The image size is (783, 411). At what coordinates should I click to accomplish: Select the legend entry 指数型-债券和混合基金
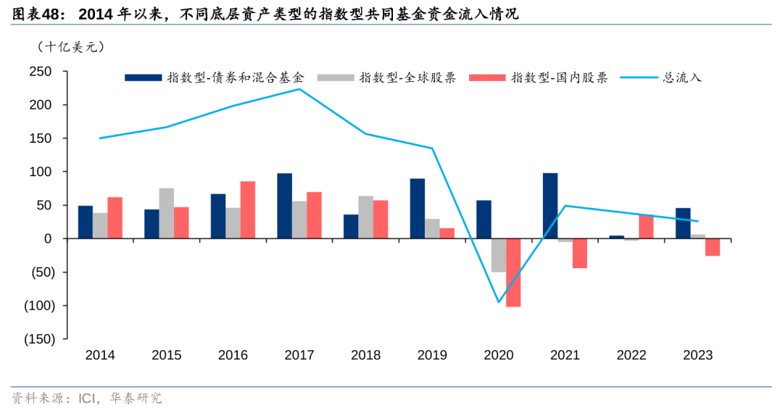click(x=215, y=78)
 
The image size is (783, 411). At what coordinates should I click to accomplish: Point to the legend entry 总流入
click(x=663, y=78)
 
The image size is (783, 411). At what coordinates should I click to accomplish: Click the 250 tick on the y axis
click(x=41, y=72)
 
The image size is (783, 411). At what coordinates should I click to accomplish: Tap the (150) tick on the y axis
click(x=37, y=339)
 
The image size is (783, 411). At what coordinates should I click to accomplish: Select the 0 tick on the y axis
click(x=47, y=238)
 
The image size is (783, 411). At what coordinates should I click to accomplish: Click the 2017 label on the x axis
click(x=299, y=355)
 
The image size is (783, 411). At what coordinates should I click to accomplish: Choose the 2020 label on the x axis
click(x=499, y=355)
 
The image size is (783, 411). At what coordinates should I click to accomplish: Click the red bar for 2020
click(x=513, y=273)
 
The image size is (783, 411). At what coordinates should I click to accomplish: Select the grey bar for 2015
click(x=167, y=213)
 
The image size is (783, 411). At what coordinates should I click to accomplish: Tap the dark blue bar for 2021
click(x=550, y=206)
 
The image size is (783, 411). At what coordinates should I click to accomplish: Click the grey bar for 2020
click(x=499, y=255)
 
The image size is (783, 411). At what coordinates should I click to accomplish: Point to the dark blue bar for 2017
click(x=284, y=206)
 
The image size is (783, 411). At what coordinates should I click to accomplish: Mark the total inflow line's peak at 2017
click(x=299, y=89)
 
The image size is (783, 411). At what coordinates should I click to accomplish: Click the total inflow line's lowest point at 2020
click(x=499, y=302)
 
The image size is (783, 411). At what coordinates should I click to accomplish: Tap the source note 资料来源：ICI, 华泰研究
click(x=87, y=398)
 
